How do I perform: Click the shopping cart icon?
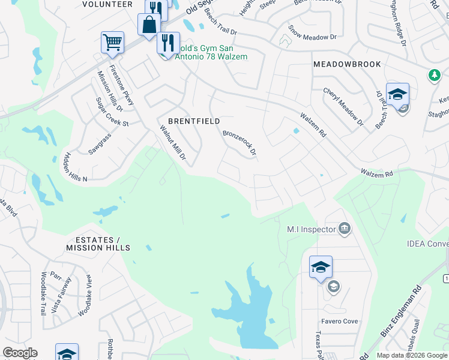(112, 43)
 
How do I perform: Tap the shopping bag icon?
(148, 25)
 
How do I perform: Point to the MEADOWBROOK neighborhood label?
(339, 64)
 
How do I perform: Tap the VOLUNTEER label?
(107, 4)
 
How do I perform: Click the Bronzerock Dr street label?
(240, 144)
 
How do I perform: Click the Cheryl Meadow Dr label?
(343, 107)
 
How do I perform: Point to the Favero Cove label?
(342, 322)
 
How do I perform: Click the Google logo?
(20, 353)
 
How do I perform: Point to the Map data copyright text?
(412, 355)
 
